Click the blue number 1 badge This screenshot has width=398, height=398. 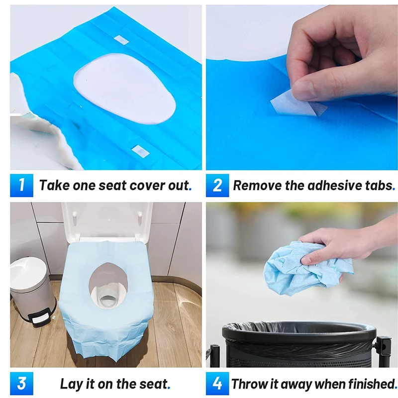pos(21,185)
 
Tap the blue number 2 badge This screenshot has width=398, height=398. pos(217,185)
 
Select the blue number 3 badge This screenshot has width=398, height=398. pos(21,383)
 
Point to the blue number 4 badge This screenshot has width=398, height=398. pos(217,383)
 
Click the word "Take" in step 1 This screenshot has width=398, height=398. pos(54,185)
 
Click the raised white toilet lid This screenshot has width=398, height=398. pos(106,220)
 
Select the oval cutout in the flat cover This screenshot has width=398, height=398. pos(124,89)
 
